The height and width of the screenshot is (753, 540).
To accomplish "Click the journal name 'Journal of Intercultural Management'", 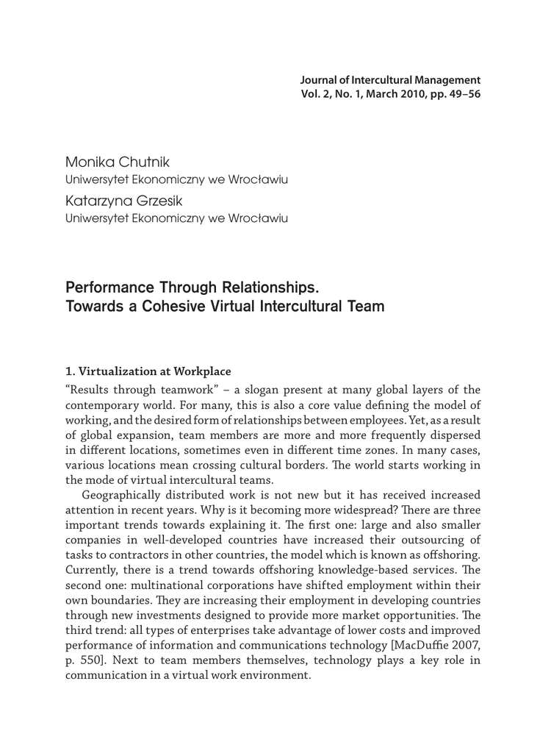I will [x=390, y=79].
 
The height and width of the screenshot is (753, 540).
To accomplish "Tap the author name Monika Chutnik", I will [x=118, y=161].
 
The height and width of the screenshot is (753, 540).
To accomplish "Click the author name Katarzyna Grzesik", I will [x=123, y=201].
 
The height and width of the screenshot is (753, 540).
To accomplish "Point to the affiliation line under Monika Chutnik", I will [x=176, y=179].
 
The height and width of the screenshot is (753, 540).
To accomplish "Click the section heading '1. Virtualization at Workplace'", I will [x=148, y=371].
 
